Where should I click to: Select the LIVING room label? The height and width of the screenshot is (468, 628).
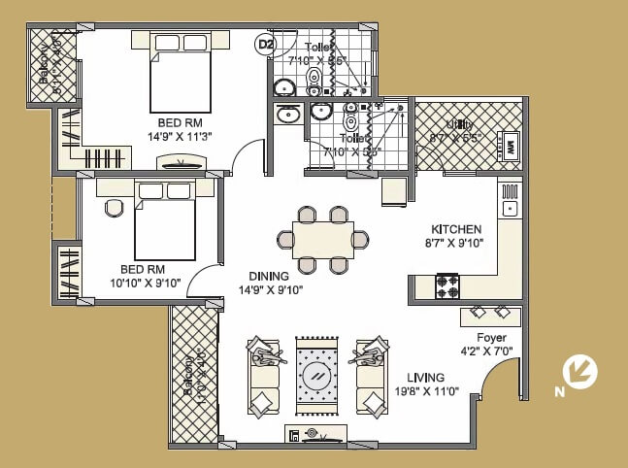pos(426,378)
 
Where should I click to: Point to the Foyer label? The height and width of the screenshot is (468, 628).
pos(491,338)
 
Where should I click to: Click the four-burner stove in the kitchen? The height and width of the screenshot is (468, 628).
pos(446,286)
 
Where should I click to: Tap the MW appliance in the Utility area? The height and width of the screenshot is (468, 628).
pos(509,147)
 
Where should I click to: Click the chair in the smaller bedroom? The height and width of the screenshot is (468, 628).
pos(115,207)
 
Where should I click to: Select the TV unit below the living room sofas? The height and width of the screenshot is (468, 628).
pos(315,435)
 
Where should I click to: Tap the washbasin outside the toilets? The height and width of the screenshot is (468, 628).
pos(288,116)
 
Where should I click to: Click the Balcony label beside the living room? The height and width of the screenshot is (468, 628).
pos(190,373)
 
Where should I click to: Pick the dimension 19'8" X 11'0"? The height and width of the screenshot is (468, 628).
pos(426,392)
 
